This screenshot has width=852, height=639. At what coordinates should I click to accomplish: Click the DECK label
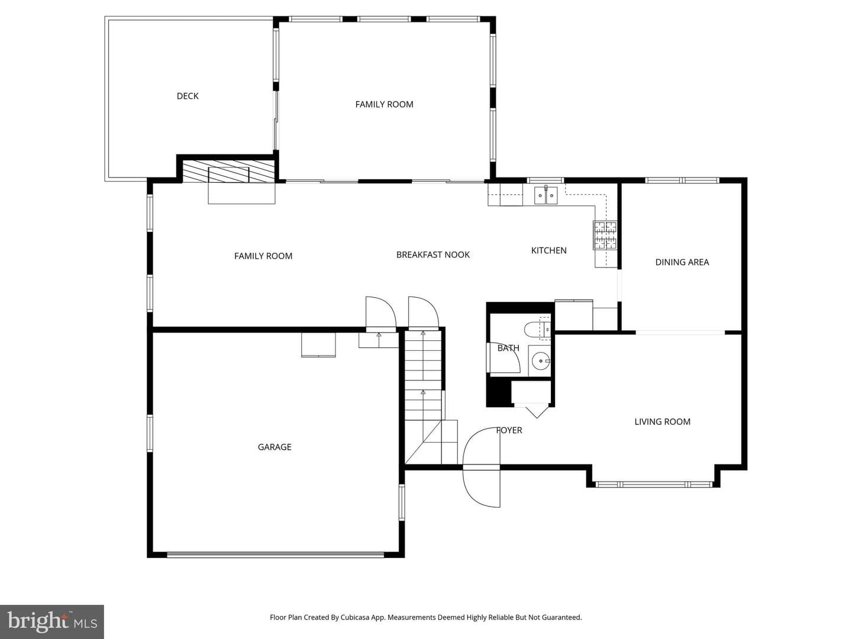click(188, 96)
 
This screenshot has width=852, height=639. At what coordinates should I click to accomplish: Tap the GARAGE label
click(275, 447)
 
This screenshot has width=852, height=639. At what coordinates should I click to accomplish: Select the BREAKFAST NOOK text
click(433, 255)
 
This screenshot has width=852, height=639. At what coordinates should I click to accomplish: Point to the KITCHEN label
click(549, 251)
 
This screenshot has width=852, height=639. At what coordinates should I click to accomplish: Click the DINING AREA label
click(682, 262)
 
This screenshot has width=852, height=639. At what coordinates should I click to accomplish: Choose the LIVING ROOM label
click(662, 422)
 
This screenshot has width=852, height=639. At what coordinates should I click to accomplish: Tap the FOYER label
click(509, 430)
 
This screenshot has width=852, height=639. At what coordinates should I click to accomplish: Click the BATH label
click(508, 348)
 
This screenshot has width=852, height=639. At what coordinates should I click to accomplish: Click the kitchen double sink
click(546, 195)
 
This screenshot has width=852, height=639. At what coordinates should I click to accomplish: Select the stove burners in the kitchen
click(605, 235)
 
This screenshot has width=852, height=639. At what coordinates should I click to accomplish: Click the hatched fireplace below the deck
click(229, 171)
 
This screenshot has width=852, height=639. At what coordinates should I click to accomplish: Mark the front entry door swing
click(481, 467)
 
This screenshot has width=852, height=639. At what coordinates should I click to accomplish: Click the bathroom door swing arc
click(504, 357)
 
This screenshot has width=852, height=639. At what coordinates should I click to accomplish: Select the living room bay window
click(654, 484)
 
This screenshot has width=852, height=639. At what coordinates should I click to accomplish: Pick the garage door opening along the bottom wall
click(276, 555)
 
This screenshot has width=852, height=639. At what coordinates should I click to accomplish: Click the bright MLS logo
click(52, 622)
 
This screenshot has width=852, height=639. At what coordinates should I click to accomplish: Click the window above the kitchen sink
click(545, 180)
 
